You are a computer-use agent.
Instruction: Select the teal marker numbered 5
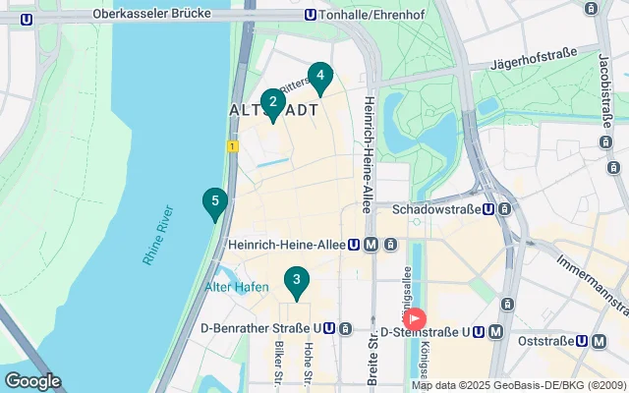pos(214,203)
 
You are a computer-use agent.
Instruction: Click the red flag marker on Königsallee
pos(415,319)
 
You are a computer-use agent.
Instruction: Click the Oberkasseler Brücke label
pos(147,15)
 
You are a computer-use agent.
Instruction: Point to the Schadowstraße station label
pos(442,209)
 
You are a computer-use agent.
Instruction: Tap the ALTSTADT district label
pos(274,110)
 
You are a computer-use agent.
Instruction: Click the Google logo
pos(32,381)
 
